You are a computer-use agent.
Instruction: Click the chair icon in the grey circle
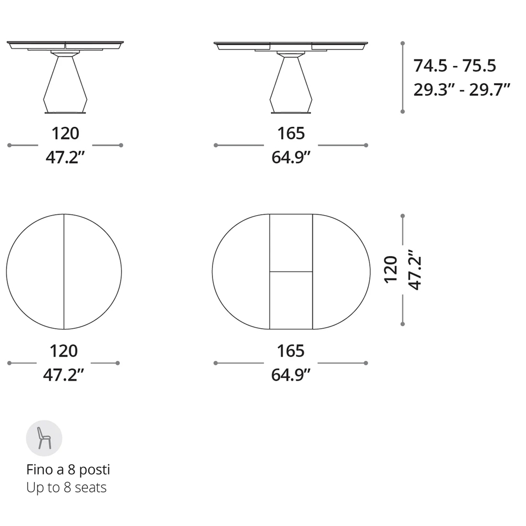44,438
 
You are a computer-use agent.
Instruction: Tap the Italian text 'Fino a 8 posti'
68,470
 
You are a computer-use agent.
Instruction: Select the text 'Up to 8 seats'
66,488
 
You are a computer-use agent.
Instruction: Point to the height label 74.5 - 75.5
454,65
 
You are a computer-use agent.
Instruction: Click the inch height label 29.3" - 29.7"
462,89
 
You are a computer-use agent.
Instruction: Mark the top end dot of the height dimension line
402,43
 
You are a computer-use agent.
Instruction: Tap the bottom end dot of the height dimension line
402,112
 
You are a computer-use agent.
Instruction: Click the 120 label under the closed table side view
65,133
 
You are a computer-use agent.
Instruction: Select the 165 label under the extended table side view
291,133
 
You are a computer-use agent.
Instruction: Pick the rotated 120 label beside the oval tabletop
391,270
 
